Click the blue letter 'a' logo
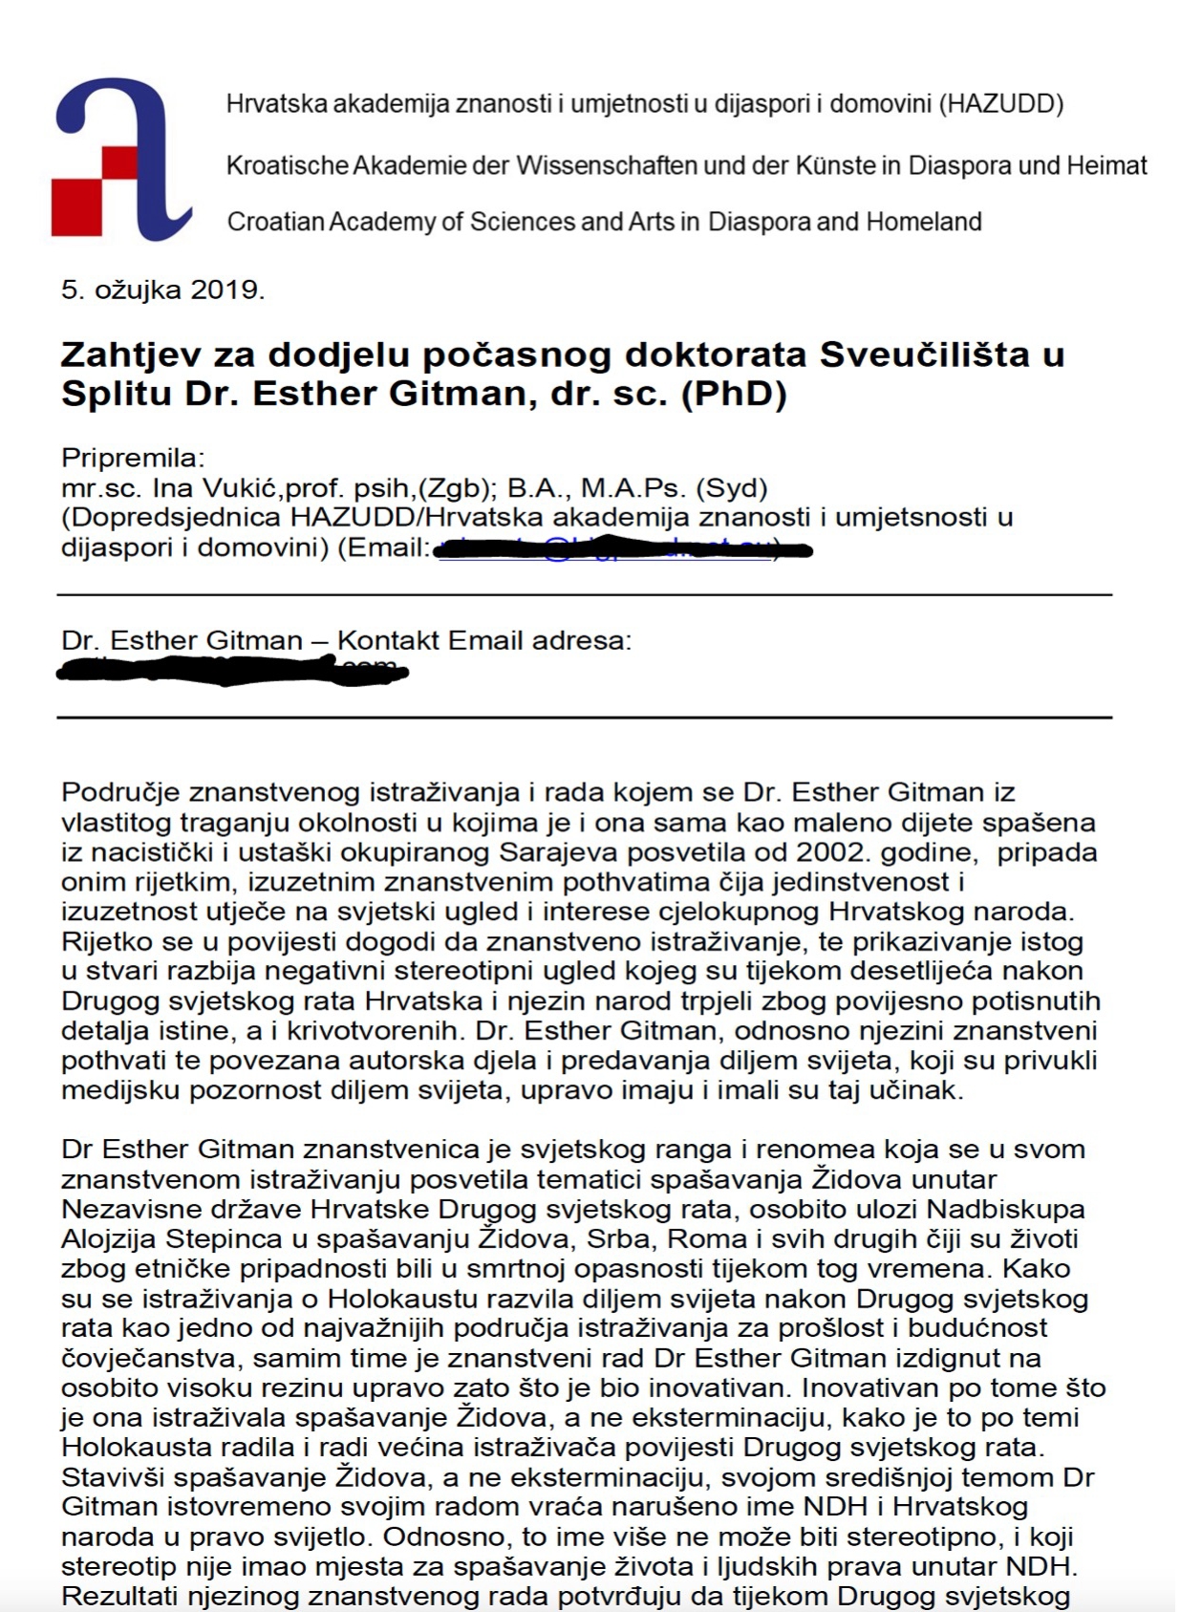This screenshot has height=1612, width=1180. [x=119, y=158]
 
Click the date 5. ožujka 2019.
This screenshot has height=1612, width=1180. [x=162, y=290]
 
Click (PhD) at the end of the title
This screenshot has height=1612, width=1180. [x=733, y=395]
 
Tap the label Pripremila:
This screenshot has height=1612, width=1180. [x=133, y=459]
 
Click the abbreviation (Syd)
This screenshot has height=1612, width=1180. [x=731, y=488]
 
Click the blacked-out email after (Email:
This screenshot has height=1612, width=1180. [x=621, y=549]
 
